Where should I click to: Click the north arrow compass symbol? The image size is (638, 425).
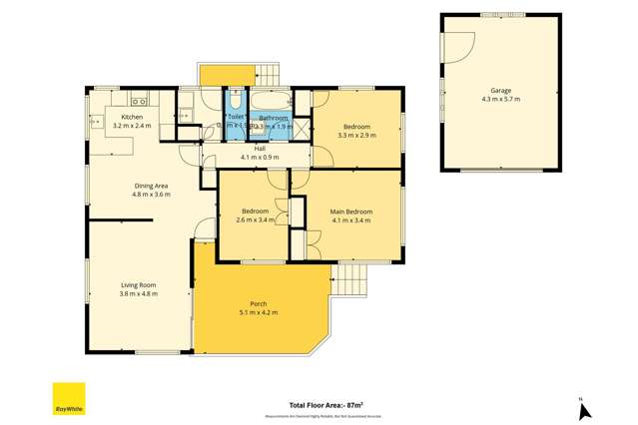coord(585,408)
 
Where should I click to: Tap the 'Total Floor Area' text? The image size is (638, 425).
coord(325,405)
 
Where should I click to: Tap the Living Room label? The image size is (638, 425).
coord(138,284)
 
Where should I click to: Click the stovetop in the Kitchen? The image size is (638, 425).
coord(140,99)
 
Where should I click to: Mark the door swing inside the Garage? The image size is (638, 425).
coord(460,44)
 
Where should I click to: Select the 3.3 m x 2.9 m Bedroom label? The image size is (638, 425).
coord(356,127)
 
